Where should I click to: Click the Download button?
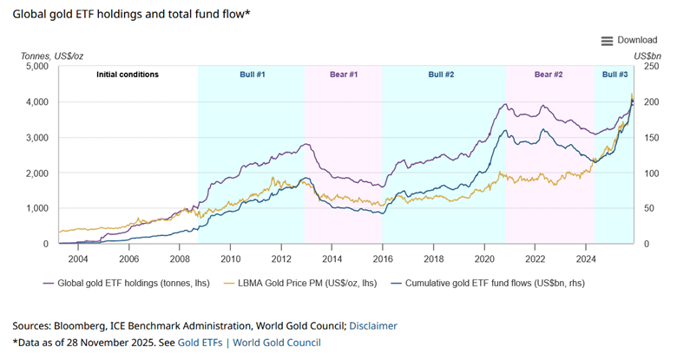tap(629, 40)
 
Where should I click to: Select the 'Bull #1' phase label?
tap(252, 75)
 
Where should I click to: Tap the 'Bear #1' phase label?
tap(344, 75)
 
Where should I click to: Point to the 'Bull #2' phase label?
tap(441, 75)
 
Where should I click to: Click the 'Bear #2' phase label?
tap(549, 75)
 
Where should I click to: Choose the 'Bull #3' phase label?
tap(614, 75)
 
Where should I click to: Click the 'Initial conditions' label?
tap(127, 75)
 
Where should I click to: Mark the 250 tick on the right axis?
tap(650, 67)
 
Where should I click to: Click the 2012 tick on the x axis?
tap(281, 258)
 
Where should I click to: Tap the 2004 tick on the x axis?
tap(78, 258)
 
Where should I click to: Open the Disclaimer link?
tap(372, 325)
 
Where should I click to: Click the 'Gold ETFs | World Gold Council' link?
tap(249, 343)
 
